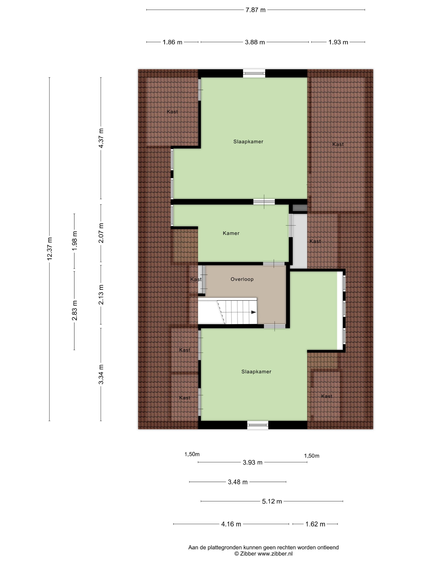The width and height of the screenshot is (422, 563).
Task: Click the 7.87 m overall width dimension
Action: coord(255,10)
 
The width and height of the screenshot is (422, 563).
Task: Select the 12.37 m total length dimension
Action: coord(49,249)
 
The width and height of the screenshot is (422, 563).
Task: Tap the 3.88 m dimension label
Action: coord(255,42)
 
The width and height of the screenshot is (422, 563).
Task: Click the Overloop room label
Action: coord(242,279)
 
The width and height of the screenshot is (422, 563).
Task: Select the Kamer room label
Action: coord(231,233)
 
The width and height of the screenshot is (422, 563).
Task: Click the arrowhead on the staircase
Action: coord(254,312)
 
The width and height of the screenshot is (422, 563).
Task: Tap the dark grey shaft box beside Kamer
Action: coord(300,208)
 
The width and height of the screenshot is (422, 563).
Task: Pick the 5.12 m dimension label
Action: coord(272,501)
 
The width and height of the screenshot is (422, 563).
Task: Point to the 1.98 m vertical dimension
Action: coord(75,241)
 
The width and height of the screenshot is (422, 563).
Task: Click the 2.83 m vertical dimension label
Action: coord(75,310)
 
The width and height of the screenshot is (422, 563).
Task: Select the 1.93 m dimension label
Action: coord(338,42)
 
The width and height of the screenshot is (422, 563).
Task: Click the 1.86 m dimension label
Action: coord(172,42)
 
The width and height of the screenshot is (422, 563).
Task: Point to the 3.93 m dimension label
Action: coord(252,462)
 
